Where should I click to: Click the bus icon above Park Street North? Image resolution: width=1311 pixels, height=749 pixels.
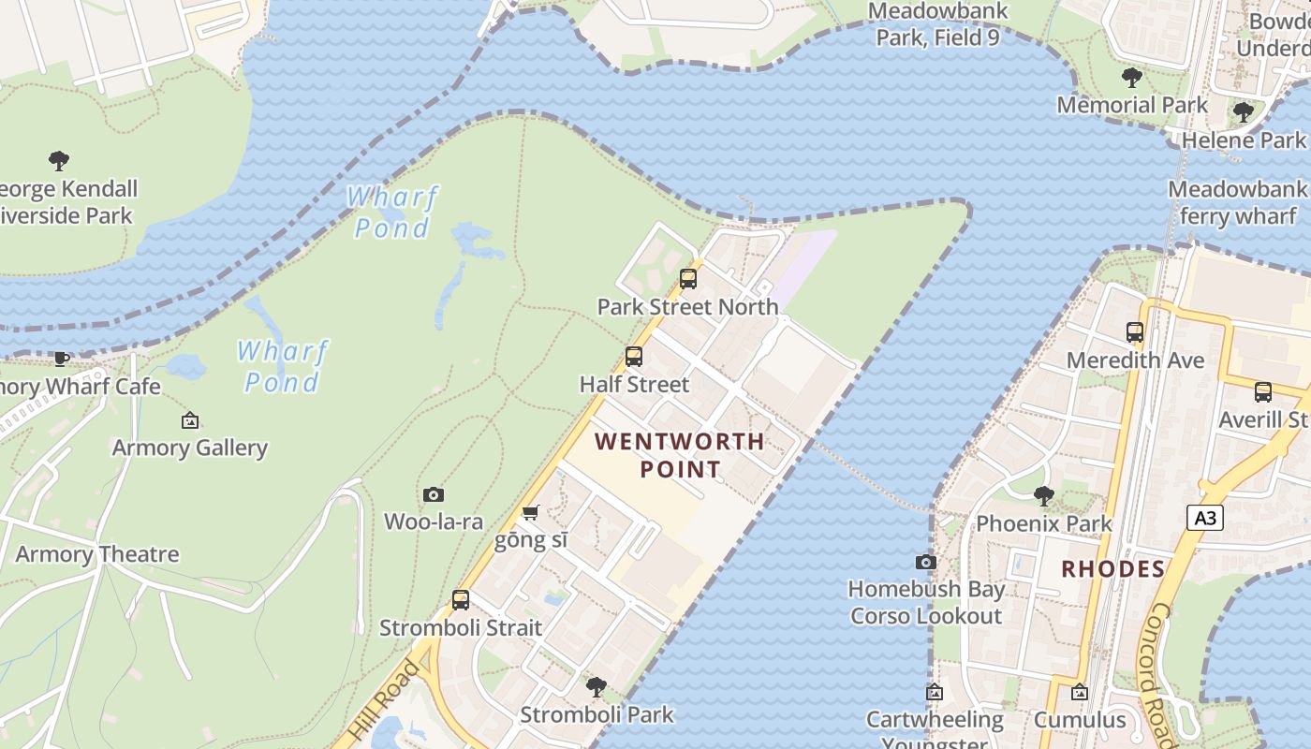click(x=688, y=278)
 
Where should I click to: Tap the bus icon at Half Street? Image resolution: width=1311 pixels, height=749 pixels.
click(x=634, y=356)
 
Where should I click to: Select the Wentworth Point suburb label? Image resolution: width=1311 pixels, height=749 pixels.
click(x=680, y=455)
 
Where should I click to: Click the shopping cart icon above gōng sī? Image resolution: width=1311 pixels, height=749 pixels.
click(x=530, y=512)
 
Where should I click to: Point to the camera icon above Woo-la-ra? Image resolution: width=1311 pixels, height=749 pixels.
click(x=433, y=493)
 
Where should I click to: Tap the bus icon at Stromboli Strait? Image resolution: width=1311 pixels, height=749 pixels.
click(x=461, y=599)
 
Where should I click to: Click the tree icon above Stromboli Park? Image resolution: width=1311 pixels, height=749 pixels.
click(x=596, y=687)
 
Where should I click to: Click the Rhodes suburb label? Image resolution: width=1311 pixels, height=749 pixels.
click(x=1112, y=569)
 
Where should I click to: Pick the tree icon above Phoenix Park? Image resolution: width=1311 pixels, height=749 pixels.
click(x=1043, y=496)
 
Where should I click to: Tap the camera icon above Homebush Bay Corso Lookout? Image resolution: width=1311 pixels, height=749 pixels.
click(x=925, y=562)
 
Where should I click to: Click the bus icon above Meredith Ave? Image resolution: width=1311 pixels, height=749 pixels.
click(x=1135, y=331)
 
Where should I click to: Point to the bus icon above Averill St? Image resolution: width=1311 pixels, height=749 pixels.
click(x=1263, y=391)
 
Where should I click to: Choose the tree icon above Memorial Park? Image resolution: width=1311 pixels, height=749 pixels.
click(x=1131, y=77)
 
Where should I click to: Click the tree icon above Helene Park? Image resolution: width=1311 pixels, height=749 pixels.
click(x=1243, y=112)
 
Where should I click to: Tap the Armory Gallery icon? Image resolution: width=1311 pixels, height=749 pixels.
click(x=190, y=420)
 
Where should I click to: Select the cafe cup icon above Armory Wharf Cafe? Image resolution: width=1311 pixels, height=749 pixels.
click(x=62, y=358)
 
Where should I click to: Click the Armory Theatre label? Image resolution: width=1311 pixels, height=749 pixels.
click(x=96, y=554)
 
